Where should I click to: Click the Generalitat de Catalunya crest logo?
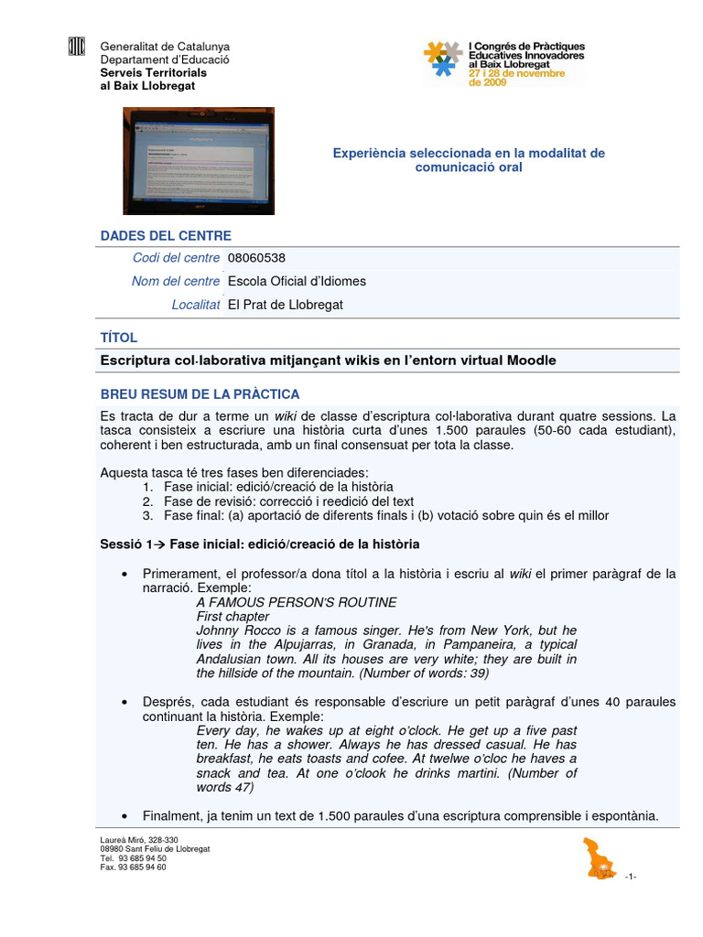coord(77,48)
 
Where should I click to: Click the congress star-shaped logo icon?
coord(443,59)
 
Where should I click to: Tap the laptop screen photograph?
coord(199,160)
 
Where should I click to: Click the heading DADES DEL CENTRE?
coord(166,236)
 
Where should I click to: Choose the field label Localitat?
coord(195,305)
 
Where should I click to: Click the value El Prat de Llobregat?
coord(285,305)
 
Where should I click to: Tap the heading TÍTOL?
coord(117,338)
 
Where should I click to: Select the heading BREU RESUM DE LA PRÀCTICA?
coord(200,394)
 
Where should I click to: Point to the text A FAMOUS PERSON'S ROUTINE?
coord(297,602)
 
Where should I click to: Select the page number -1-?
coord(630,877)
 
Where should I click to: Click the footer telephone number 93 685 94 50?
coord(134,858)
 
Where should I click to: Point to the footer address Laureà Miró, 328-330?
coord(139,840)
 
